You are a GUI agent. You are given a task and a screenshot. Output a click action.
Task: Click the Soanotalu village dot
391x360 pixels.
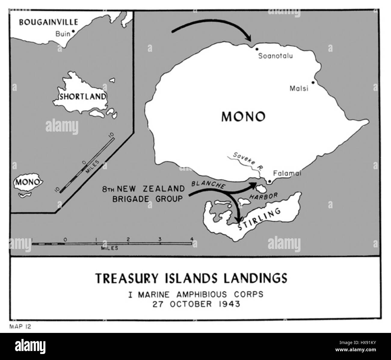click(x=257, y=49)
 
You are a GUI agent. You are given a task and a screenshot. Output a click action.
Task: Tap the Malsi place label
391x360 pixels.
click(x=299, y=89)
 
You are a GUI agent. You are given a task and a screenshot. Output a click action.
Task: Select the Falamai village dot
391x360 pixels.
click(x=270, y=182)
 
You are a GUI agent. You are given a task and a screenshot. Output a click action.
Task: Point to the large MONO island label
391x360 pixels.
click(x=243, y=116)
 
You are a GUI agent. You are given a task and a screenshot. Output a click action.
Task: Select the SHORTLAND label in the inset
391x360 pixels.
click(x=83, y=97)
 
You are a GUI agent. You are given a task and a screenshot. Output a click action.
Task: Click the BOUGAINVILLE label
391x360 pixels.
click(x=48, y=22)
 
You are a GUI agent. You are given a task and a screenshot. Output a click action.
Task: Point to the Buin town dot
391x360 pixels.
click(x=73, y=31)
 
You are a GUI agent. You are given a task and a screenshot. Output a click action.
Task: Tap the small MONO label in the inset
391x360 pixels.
click(x=28, y=182)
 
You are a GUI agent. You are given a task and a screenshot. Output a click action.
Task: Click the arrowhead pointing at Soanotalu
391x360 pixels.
click(x=248, y=38)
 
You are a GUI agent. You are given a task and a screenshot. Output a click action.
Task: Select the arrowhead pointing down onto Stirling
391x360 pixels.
click(x=239, y=219)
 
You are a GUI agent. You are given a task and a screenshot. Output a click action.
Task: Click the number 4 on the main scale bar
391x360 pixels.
click(x=192, y=240)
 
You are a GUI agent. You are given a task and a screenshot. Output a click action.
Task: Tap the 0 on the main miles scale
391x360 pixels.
click(x=65, y=240)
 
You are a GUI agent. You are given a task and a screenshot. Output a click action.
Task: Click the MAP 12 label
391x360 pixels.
click(x=20, y=327)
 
